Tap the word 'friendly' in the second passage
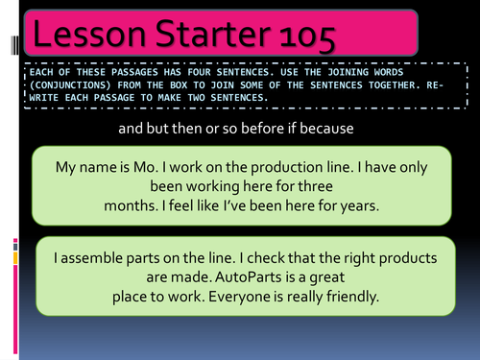click(348, 297)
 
